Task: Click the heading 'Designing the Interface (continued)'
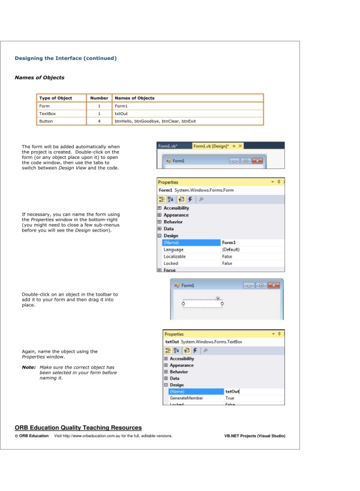click(65, 58)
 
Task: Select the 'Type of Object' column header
click(55, 98)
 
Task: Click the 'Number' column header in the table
click(99, 98)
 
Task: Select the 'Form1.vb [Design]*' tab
click(214, 146)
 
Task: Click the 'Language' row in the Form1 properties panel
click(174, 249)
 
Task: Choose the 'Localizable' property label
click(175, 257)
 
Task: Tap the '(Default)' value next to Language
click(231, 249)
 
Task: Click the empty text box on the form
click(202, 304)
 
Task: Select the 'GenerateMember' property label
click(186, 398)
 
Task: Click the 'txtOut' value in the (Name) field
click(232, 391)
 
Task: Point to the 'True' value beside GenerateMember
click(230, 398)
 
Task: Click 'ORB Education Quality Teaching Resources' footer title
click(78, 427)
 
